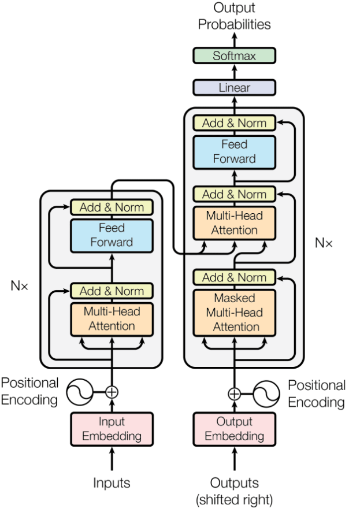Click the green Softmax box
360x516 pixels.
click(x=234, y=56)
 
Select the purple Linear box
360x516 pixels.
click(x=234, y=88)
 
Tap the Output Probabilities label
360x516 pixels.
click(x=234, y=16)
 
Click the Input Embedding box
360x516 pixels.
click(x=112, y=429)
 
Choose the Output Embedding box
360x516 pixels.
click(x=234, y=429)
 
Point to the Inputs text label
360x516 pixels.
click(x=112, y=483)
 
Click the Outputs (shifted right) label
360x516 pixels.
click(x=234, y=490)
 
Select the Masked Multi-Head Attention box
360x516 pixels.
click(x=234, y=313)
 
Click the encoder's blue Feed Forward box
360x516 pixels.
click(x=112, y=235)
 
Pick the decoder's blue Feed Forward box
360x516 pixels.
click(x=234, y=151)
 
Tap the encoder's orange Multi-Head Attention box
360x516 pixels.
click(x=112, y=318)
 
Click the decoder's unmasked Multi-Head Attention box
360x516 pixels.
click(x=234, y=223)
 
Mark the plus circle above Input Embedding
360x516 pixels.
click(x=112, y=392)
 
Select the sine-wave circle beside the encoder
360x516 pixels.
click(x=79, y=392)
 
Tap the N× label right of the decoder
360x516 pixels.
click(x=324, y=243)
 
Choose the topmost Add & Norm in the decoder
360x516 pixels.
click(x=234, y=122)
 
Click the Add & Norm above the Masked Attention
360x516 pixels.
click(x=234, y=277)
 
